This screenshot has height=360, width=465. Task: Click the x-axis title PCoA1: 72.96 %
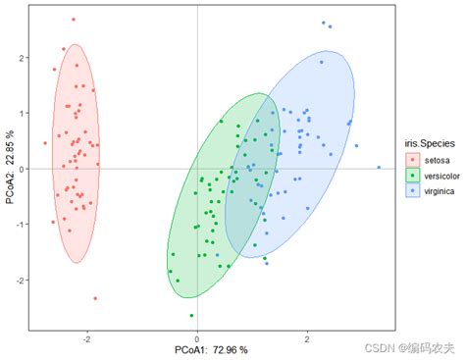pos(197,349)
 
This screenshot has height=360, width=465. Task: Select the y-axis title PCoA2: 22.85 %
pos(9,170)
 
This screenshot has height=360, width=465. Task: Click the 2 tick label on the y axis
pos(22,58)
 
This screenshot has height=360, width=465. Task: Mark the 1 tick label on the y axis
pos(22,114)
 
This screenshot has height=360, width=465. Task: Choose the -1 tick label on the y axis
pos(20,225)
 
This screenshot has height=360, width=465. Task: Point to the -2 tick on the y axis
pos(20,280)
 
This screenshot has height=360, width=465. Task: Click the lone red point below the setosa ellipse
pos(95,298)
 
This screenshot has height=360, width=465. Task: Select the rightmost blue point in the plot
pos(379,168)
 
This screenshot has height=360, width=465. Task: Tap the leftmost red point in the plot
pos(45,143)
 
